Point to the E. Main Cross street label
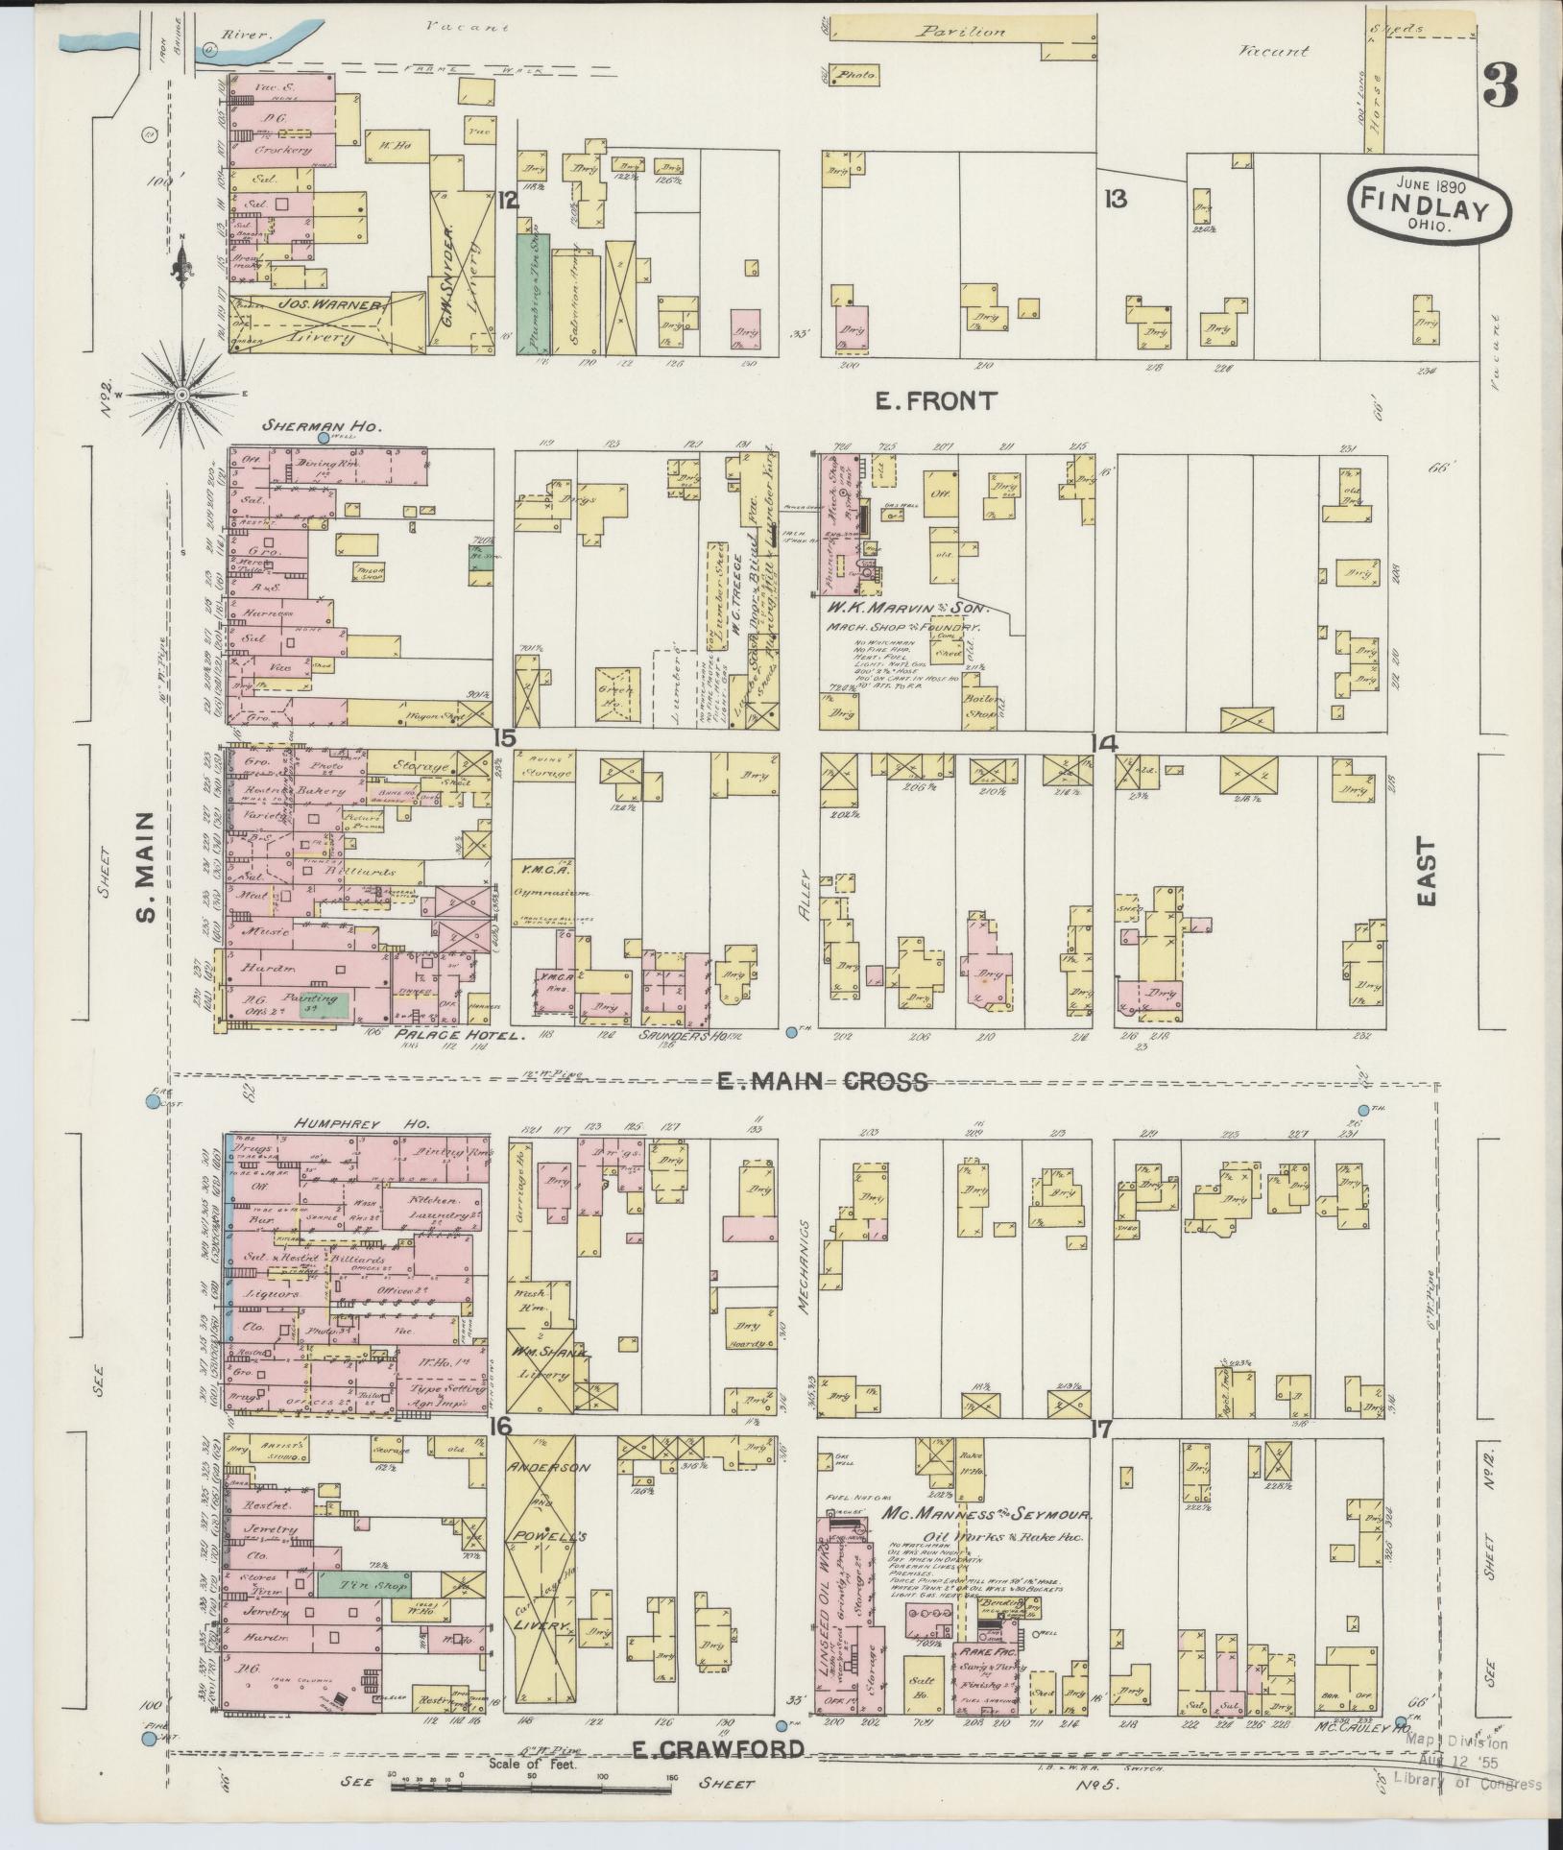click(x=823, y=1082)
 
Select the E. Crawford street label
click(x=718, y=1750)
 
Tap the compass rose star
click(x=182, y=394)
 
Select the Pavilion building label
click(x=959, y=32)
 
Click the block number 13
click(x=1115, y=200)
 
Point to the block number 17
click(x=1100, y=1456)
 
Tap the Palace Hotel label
click(x=461, y=1037)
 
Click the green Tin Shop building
click(x=364, y=1583)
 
